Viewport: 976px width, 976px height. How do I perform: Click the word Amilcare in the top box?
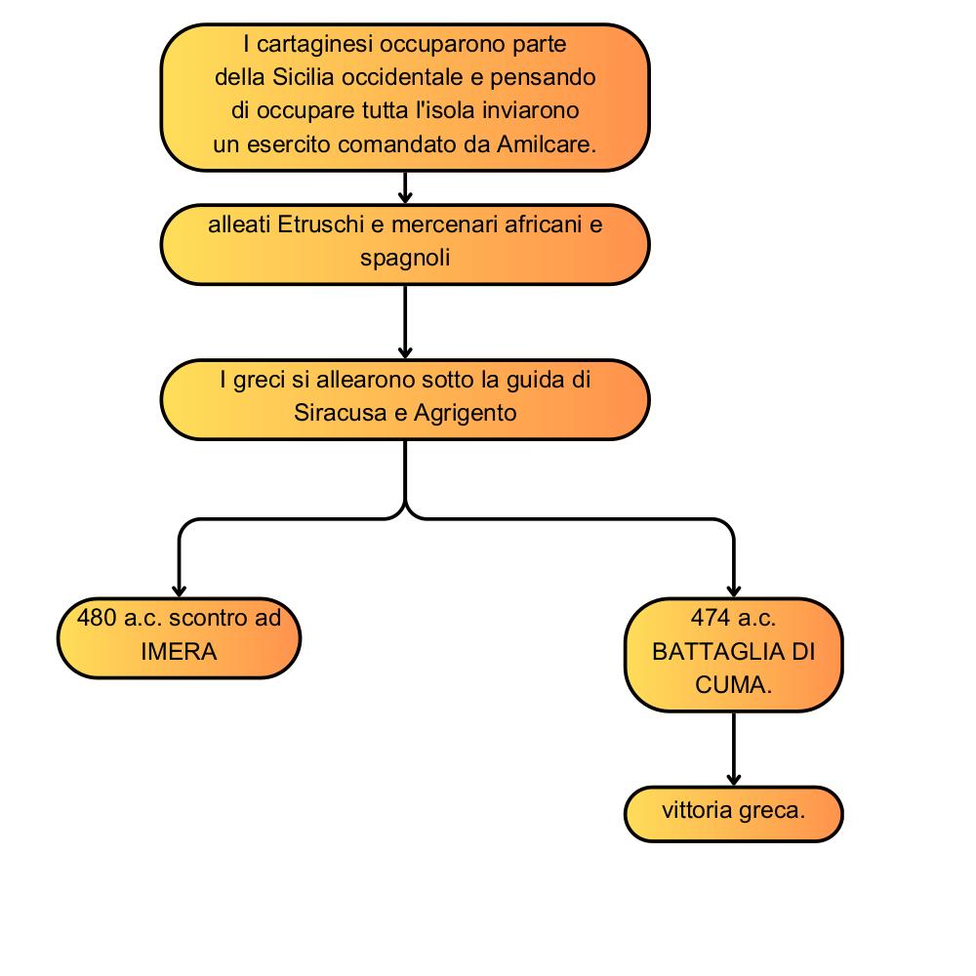point(546,144)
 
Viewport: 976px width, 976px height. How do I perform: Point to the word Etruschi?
point(320,224)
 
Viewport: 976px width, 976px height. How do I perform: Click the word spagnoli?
point(405,259)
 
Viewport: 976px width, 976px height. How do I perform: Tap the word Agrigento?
point(465,413)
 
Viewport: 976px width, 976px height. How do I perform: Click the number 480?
point(97,618)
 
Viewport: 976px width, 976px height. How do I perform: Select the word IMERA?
point(180,652)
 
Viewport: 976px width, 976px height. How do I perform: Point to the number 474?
point(711,618)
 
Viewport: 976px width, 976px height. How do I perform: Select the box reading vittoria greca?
point(733,814)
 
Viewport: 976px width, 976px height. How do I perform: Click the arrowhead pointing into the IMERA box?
point(180,591)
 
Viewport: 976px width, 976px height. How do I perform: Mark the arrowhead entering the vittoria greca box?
point(734,779)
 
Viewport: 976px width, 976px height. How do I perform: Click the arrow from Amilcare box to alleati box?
point(405,187)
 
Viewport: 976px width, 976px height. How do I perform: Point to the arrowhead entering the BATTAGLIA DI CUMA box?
point(734,591)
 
